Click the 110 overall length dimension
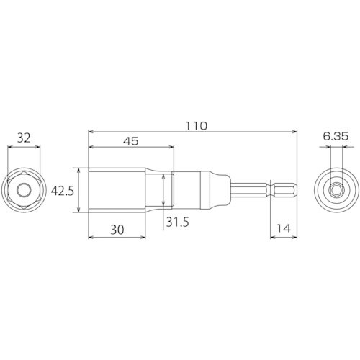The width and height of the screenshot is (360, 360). (x=197, y=126)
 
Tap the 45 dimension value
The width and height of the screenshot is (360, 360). (x=131, y=141)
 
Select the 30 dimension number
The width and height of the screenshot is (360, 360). (x=117, y=230)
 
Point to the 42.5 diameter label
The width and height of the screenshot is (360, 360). (x=63, y=192)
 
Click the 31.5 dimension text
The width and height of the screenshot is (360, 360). (x=178, y=222)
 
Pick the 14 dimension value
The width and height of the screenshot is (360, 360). (x=284, y=228)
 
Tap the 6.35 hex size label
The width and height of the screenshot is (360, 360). (x=336, y=137)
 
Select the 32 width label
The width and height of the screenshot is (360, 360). (x=24, y=138)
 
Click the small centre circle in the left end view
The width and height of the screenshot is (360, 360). (x=24, y=190)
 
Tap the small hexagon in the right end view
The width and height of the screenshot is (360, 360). (x=336, y=190)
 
